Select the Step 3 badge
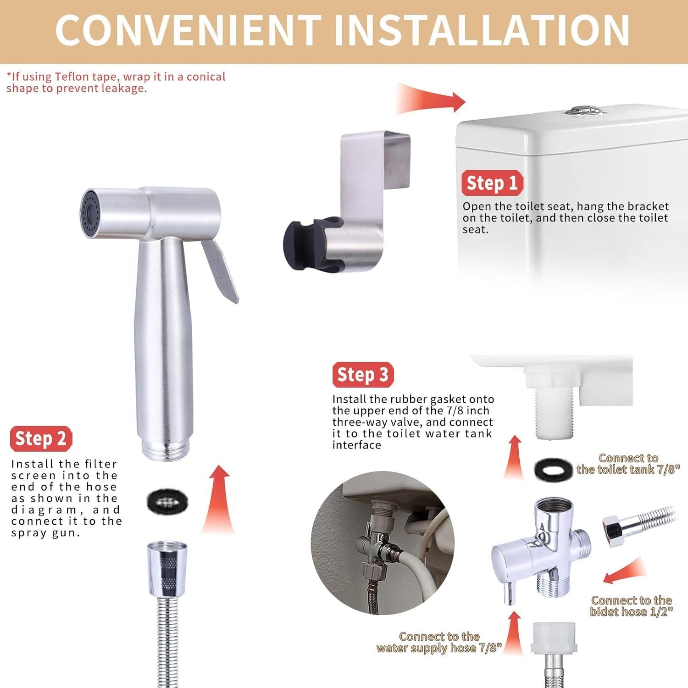tap(363, 375)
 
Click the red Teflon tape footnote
tap(116, 83)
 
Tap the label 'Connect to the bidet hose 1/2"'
tap(631, 606)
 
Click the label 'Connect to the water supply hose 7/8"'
tap(439, 642)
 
